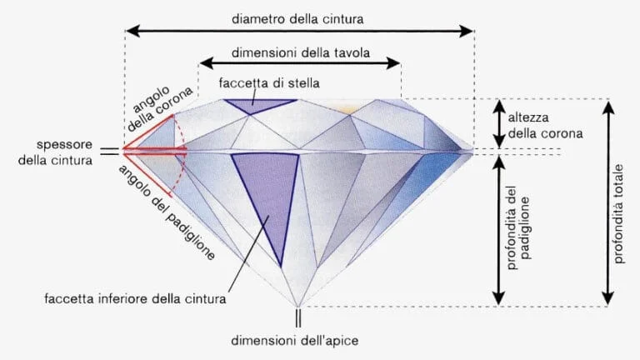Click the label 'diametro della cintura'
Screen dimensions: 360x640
[x=299, y=16]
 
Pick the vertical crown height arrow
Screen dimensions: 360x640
[x=499, y=124]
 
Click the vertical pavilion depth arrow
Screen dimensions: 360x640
[x=499, y=229]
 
